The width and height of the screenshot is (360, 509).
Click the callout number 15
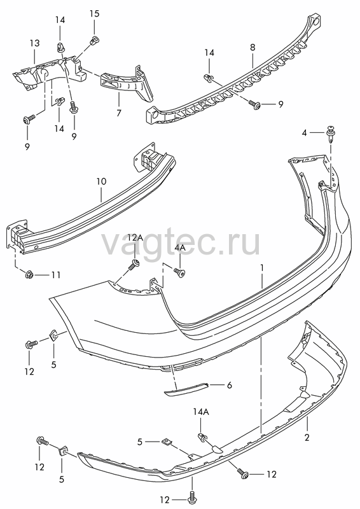[x=95, y=13]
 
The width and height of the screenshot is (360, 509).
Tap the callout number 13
[x=35, y=43]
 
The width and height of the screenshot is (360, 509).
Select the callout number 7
[x=119, y=113]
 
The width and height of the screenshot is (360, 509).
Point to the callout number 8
[x=253, y=47]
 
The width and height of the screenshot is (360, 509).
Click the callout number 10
[x=101, y=181]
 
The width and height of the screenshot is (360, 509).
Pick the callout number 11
[x=56, y=275]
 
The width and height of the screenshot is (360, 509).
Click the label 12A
[x=135, y=237]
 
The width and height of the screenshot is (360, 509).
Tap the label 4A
[x=180, y=248]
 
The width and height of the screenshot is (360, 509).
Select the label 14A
[x=201, y=412]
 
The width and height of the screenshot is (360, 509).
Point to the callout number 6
[x=230, y=386]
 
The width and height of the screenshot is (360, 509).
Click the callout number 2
[x=307, y=437]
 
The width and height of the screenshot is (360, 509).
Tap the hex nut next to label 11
[x=29, y=275]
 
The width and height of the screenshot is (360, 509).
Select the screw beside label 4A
[x=179, y=272]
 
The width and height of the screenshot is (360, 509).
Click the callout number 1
[x=261, y=268]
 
